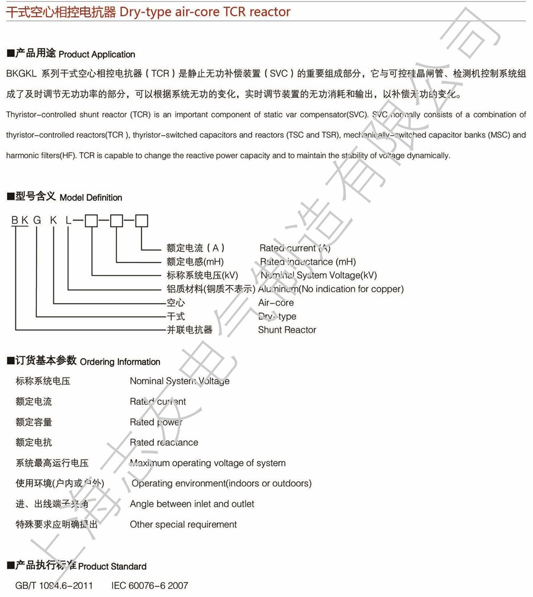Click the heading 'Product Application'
(x=97, y=55)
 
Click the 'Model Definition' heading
(x=91, y=197)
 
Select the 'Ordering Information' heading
(x=120, y=362)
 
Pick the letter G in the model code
(x=37, y=221)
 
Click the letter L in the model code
(x=68, y=221)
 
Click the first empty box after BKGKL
(x=91, y=221)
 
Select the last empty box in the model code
(x=142, y=221)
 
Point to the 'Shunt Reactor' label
(x=287, y=330)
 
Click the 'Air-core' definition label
(x=275, y=302)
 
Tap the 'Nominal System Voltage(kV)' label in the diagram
(x=318, y=275)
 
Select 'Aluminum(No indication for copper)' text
(x=330, y=289)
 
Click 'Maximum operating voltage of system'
(x=207, y=463)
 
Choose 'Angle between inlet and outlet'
(x=192, y=504)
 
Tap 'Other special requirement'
(x=183, y=524)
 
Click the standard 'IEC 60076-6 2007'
(x=149, y=586)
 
